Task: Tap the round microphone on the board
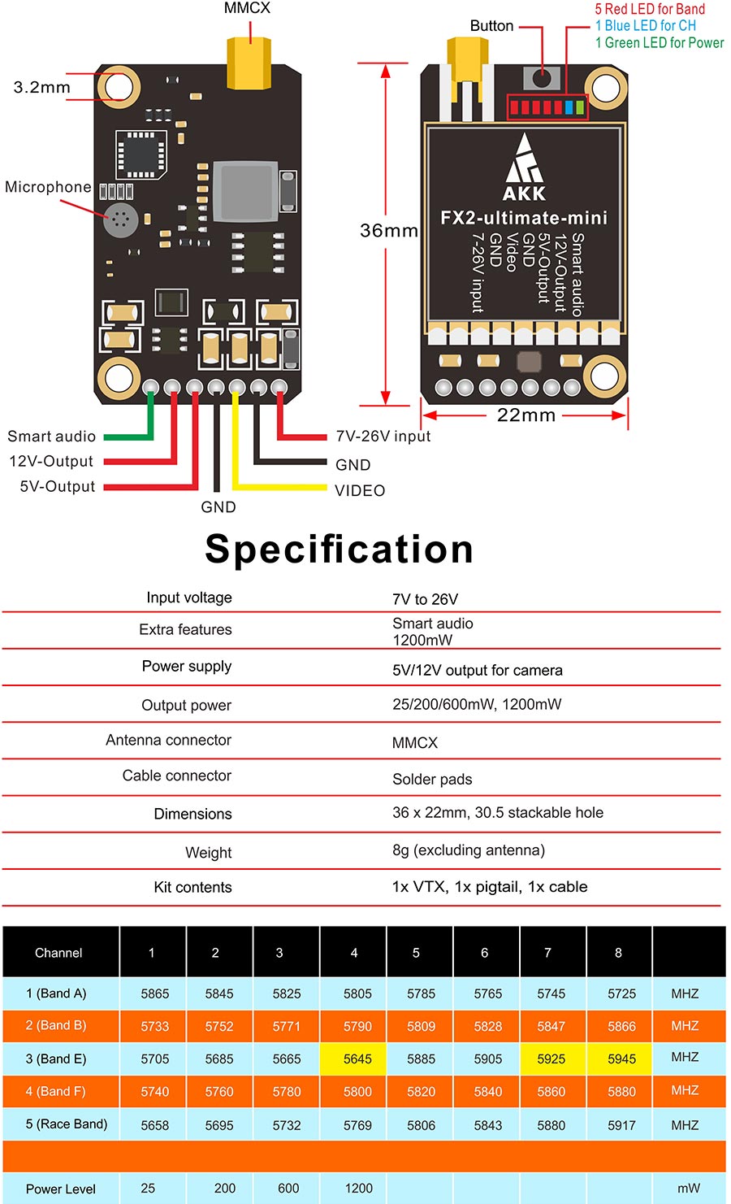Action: tap(120, 220)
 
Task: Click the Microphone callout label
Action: tap(48, 187)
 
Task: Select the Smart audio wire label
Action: tap(51, 437)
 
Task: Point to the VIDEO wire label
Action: tap(360, 490)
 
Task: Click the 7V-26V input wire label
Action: tap(383, 437)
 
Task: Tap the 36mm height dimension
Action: tap(388, 231)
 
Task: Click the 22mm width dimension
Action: tap(526, 415)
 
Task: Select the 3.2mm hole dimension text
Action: tap(41, 87)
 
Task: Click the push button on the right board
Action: tap(542, 79)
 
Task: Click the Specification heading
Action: tap(339, 549)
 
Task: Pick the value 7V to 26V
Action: tap(425, 599)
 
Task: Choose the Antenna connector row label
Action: tap(168, 740)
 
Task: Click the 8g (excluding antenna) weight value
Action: tap(468, 850)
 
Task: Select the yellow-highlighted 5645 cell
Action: tap(357, 1058)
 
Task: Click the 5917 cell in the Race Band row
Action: tap(621, 1125)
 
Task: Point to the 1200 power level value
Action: tap(358, 1188)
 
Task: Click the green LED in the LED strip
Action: tap(580, 106)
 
